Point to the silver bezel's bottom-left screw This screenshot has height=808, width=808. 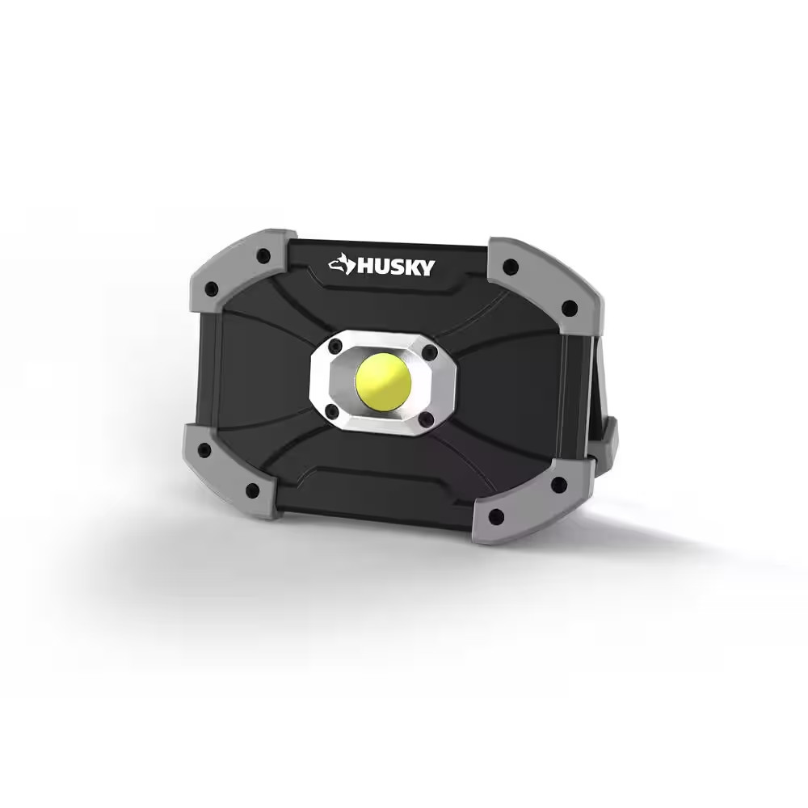[x=330, y=410]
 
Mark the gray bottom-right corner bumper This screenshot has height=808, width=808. [x=525, y=501]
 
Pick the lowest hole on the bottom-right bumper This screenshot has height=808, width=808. [x=496, y=515]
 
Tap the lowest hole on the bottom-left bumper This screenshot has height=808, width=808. [x=253, y=490]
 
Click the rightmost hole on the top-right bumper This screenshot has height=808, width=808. [x=570, y=307]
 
